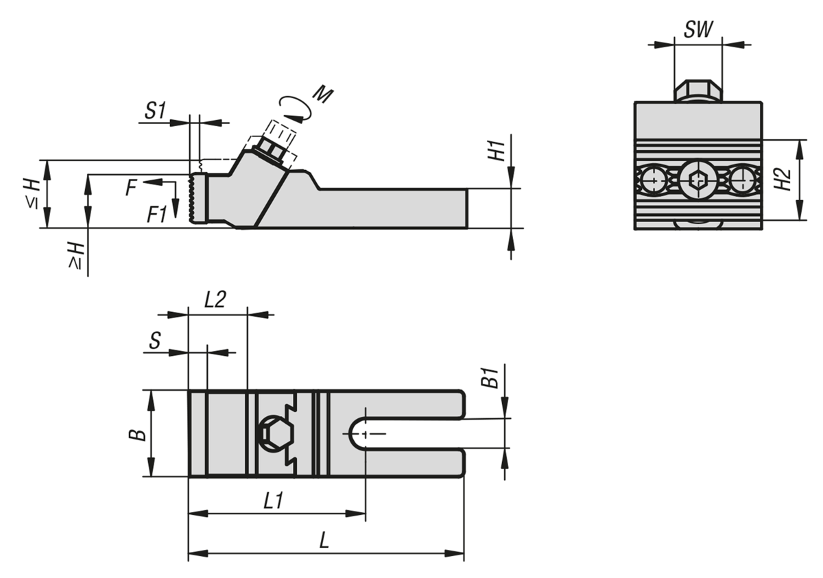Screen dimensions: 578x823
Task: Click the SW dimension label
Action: [x=698, y=29]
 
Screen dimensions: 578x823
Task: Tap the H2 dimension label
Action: [x=785, y=180]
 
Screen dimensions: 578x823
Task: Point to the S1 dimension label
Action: [x=156, y=110]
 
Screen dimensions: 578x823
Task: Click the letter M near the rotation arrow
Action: [x=322, y=95]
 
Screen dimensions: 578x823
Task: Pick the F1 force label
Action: [x=157, y=214]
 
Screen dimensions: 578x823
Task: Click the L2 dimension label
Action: [x=215, y=299]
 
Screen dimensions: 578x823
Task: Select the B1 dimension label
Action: [x=489, y=378]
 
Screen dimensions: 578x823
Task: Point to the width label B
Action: [x=138, y=434]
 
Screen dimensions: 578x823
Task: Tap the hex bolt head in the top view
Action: [x=274, y=434]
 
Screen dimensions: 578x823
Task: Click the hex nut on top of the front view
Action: [x=698, y=91]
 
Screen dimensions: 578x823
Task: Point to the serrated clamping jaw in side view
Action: [x=198, y=198]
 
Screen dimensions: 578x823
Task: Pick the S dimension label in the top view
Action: [x=156, y=341]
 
